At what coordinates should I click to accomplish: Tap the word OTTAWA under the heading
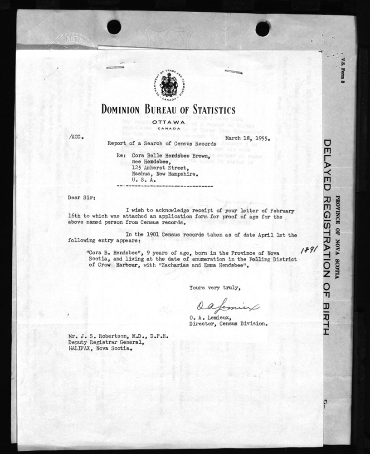(168, 123)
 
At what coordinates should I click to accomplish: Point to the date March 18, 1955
(244, 139)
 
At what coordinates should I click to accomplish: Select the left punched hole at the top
(114, 27)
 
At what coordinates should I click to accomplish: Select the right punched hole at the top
(263, 29)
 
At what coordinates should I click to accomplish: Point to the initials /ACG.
(77, 136)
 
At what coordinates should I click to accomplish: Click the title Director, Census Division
(228, 324)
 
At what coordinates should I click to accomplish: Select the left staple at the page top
(115, 67)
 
